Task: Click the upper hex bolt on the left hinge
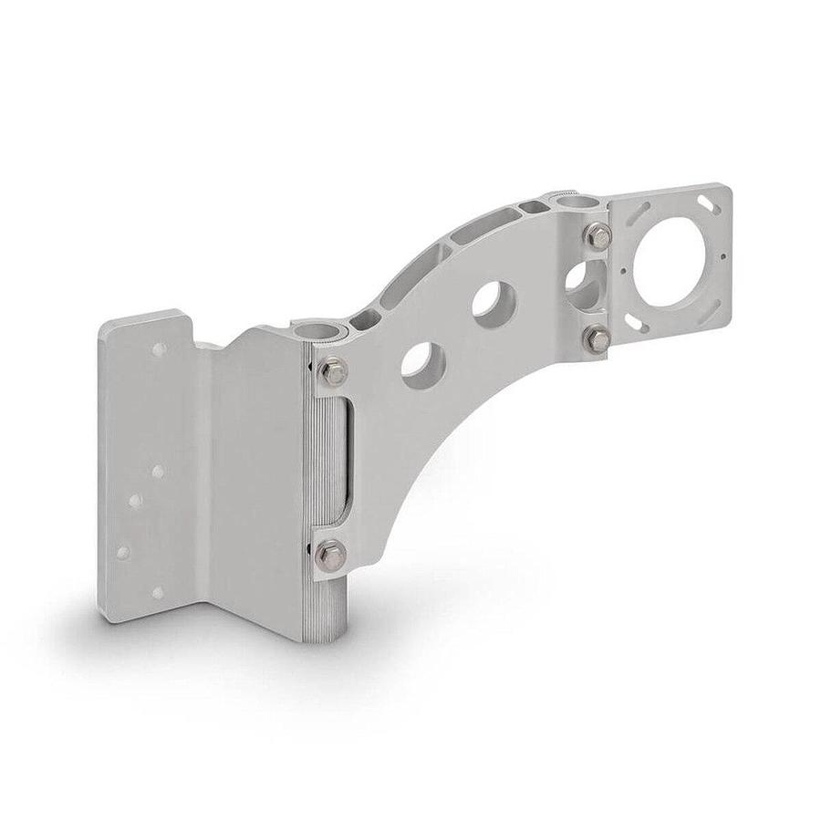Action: coord(335,372)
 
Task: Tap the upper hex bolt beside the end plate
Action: coord(598,236)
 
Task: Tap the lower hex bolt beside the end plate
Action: coord(598,338)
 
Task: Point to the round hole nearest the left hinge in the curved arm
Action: coord(423,365)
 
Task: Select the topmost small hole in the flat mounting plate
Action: coord(159,349)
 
